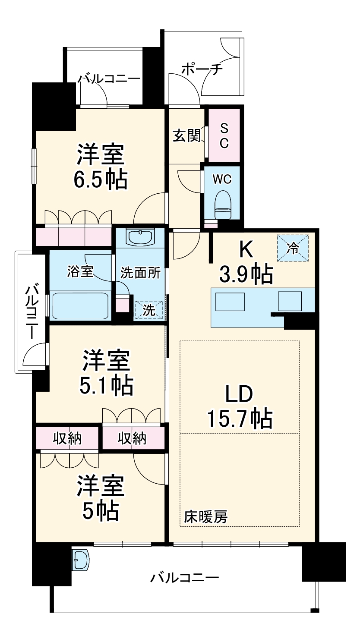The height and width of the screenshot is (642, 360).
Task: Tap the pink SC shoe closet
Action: (x=224, y=135)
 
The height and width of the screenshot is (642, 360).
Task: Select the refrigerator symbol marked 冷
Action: (x=293, y=248)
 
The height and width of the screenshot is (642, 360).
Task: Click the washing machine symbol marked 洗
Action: (x=149, y=310)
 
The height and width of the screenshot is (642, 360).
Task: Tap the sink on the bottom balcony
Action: (x=81, y=560)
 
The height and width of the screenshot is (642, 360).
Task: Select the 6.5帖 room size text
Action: (x=100, y=180)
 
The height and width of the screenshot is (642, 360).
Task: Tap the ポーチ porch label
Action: (x=202, y=69)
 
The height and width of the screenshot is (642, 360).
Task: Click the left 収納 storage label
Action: (x=67, y=438)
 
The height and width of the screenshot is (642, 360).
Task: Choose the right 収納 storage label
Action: (x=133, y=438)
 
